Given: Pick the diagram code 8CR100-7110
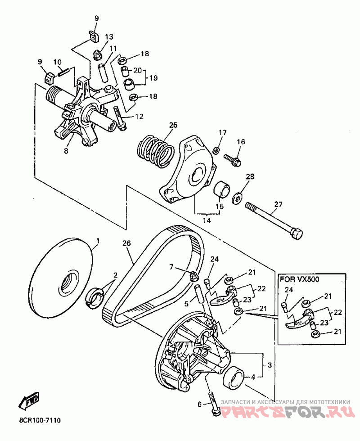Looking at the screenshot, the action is (x=40, y=428).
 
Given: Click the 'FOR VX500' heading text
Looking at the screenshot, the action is (x=299, y=279).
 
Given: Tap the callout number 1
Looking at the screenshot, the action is (x=98, y=241).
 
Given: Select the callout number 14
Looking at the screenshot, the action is (x=207, y=220).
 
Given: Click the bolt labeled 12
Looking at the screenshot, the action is (x=120, y=118).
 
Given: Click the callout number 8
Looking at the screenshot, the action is (x=66, y=151).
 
